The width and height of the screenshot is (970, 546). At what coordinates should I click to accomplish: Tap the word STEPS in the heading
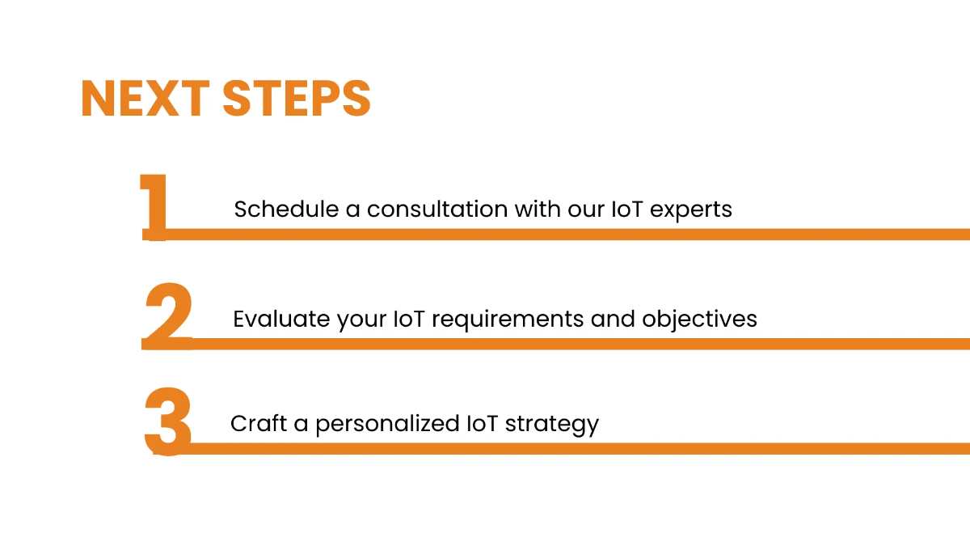(297, 99)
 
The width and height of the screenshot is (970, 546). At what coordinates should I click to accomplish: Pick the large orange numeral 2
(168, 315)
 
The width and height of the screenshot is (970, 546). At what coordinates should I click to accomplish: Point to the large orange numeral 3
(168, 422)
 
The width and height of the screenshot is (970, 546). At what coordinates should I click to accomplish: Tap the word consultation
(437, 210)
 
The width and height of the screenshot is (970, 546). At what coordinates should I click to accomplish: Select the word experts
(691, 210)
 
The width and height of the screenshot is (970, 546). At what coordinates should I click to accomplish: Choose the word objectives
(699, 319)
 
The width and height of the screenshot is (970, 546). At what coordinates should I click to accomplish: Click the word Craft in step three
(257, 423)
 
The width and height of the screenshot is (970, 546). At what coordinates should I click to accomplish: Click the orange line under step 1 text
(566, 234)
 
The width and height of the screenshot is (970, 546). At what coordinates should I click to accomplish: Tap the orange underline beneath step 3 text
(566, 447)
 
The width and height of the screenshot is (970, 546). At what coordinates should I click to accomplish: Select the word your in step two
(361, 319)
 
